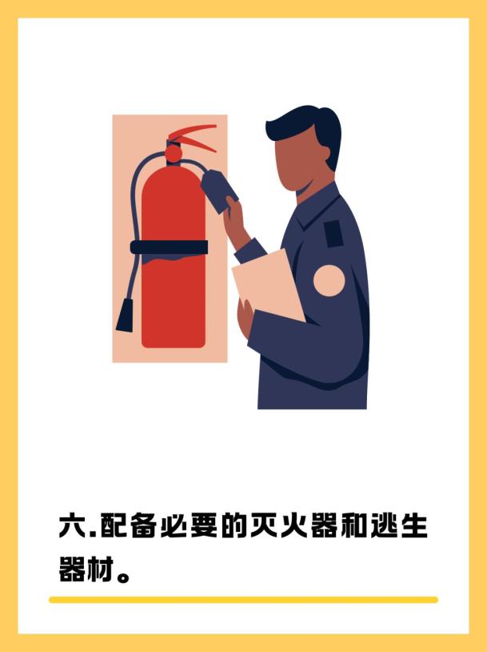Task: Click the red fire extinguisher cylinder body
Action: [174, 258]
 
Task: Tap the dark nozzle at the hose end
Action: [125, 314]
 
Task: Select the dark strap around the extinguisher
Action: [169, 247]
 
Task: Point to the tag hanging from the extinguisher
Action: [219, 190]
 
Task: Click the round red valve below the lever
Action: [174, 153]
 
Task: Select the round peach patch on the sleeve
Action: [329, 280]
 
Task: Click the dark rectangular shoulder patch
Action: [333, 234]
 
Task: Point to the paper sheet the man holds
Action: [268, 284]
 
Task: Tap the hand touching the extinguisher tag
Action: [236, 221]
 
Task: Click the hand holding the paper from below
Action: [245, 317]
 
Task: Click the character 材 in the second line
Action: [100, 569]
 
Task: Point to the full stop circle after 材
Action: [123, 577]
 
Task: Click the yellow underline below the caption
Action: [243, 600]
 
